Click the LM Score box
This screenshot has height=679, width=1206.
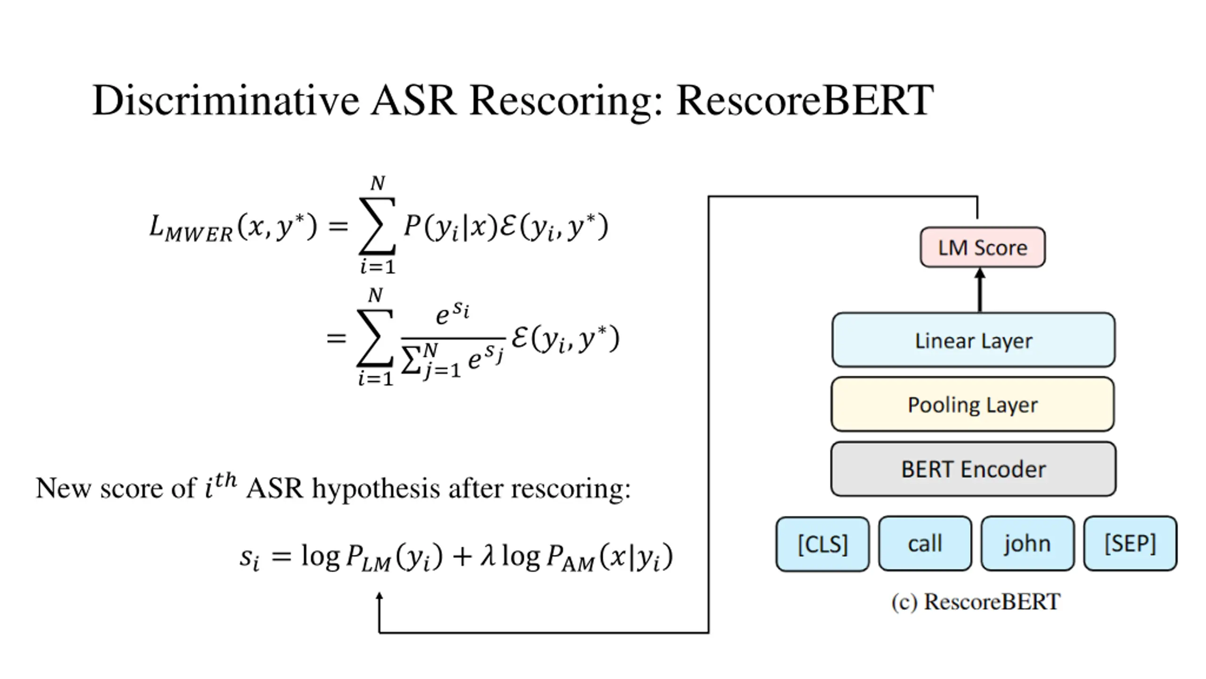[x=983, y=247]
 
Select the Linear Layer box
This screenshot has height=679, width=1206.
[x=973, y=339]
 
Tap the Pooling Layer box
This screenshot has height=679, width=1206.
[x=973, y=404]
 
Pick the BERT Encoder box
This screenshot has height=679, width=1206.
[x=973, y=469]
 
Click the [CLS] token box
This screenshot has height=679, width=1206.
[x=823, y=544]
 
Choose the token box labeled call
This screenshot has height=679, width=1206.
[x=925, y=543]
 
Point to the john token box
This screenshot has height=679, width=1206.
[x=1027, y=543]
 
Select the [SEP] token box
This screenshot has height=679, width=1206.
[x=1130, y=543]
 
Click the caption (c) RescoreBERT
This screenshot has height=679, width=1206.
[x=976, y=602]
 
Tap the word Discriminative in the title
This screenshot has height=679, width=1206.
[x=226, y=100]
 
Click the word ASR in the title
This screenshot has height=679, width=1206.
[x=414, y=100]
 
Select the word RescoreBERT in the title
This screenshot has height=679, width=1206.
[x=805, y=100]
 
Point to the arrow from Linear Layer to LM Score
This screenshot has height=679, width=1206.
[x=980, y=290]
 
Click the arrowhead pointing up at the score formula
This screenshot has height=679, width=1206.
[x=379, y=597]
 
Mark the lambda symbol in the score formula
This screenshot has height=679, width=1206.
[x=488, y=556]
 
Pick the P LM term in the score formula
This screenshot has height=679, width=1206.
[x=368, y=557]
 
